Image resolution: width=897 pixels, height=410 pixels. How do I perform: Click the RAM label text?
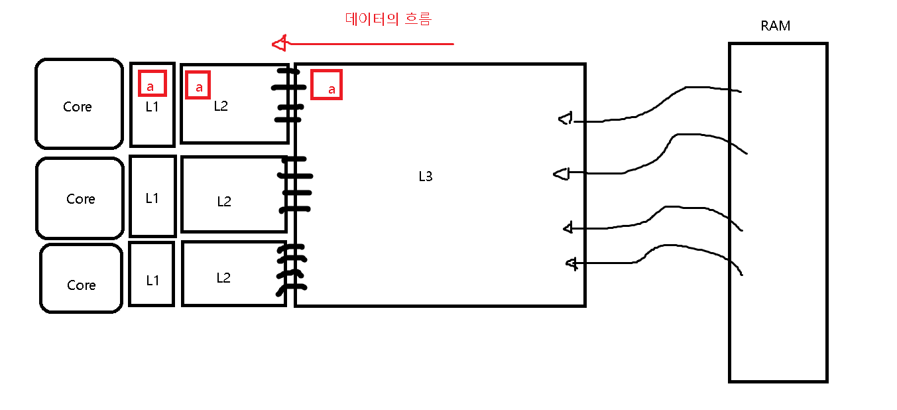tap(775, 27)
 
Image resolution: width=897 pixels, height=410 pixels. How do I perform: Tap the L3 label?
tap(425, 176)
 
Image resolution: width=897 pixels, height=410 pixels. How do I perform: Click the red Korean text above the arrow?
tap(389, 19)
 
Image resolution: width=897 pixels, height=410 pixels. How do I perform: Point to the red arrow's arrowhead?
tap(279, 44)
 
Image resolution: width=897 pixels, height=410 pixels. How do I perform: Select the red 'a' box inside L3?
tap(326, 85)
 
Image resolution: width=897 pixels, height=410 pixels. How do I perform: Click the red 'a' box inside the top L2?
tap(198, 85)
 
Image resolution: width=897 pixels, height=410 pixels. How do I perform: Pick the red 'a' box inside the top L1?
tap(152, 83)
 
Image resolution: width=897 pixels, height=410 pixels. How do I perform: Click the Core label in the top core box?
tap(78, 107)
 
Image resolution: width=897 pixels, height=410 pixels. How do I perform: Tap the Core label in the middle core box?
tap(80, 199)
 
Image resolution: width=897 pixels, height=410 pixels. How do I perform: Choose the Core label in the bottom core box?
tap(81, 285)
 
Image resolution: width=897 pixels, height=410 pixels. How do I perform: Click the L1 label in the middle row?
tap(152, 197)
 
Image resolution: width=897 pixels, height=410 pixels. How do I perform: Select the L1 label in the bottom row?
tap(152, 280)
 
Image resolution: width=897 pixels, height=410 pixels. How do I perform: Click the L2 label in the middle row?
tap(224, 202)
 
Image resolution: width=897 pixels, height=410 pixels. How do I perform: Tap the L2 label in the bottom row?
tap(223, 277)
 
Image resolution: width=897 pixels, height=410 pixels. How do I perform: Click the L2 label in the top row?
tap(221, 105)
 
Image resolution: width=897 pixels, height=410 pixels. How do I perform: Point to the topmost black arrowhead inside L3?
tap(565, 119)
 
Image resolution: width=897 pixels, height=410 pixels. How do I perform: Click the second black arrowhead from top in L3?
tap(561, 174)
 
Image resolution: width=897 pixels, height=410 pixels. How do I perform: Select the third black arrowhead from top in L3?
tap(568, 228)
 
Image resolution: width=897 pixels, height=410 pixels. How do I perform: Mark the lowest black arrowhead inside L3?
tap(571, 263)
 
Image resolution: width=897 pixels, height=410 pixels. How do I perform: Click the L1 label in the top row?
tap(152, 106)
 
